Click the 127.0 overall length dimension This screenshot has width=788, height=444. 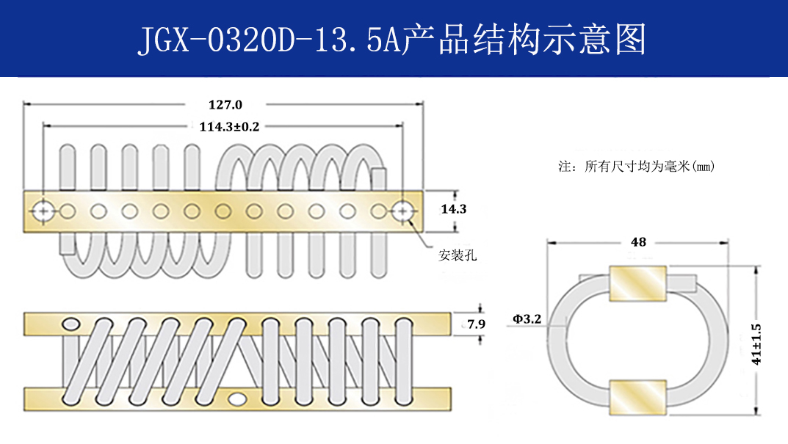[225, 105]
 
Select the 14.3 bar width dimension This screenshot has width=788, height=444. [453, 209]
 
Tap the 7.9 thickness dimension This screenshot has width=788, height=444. [477, 324]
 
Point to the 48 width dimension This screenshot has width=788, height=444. [638, 241]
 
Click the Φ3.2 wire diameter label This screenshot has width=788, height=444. [527, 319]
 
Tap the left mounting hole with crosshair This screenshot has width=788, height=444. [43, 211]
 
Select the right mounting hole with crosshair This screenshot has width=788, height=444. [402, 211]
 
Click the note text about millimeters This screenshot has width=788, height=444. [637, 167]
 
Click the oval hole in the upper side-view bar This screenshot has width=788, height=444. [72, 324]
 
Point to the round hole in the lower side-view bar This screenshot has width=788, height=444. [237, 398]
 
